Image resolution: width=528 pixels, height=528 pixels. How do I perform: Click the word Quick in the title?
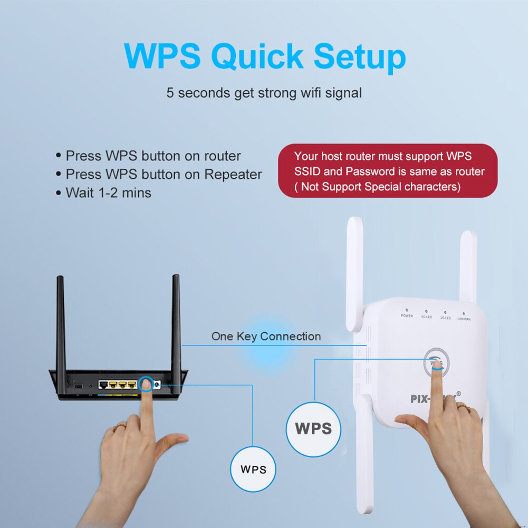point(258,56)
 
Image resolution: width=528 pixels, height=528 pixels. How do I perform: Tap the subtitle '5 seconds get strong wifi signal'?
point(264,93)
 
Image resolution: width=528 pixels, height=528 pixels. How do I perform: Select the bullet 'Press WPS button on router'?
point(152,156)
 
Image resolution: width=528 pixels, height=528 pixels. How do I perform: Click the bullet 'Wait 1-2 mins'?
point(108,193)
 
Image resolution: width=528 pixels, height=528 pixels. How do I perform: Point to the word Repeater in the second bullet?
point(233,175)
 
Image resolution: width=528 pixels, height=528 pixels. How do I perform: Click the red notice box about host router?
point(388,171)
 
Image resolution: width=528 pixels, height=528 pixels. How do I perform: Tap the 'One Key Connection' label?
point(266,337)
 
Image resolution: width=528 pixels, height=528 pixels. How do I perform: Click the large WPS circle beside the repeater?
point(313,428)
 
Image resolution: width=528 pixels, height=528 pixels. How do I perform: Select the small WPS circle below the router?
point(253,469)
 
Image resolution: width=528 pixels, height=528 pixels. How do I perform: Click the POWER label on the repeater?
point(407,315)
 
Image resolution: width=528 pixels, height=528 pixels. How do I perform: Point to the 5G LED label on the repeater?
point(426,316)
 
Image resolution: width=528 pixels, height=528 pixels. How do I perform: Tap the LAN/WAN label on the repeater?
point(464,319)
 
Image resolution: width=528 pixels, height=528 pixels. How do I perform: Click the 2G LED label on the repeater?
point(445,318)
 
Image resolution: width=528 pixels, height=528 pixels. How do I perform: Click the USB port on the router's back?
point(79,387)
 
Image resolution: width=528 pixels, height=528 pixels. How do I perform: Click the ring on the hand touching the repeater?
point(462,407)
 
